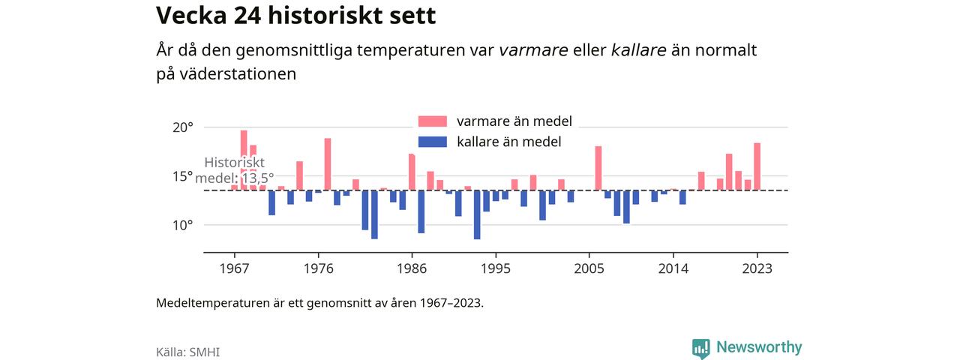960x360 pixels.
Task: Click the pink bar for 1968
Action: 244,160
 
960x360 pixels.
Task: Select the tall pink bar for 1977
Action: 328,164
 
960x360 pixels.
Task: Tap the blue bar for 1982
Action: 374,214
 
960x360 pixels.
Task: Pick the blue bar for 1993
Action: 477,214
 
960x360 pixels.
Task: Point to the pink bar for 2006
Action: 598,169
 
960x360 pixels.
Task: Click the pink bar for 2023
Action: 757,166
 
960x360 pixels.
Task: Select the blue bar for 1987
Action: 421,211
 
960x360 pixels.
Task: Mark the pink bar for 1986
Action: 412,172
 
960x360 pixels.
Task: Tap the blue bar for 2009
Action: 626,207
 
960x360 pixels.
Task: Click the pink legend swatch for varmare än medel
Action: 433,121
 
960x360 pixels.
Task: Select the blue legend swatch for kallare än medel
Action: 433,142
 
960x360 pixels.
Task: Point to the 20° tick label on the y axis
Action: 183,127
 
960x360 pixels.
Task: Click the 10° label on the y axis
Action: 183,225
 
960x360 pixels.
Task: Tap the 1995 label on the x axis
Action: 496,268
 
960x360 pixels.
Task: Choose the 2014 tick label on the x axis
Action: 673,268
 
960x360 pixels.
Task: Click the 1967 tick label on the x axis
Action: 234,268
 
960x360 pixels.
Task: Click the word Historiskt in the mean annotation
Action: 235,163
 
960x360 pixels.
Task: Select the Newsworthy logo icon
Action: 701,348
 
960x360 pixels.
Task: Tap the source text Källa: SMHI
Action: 187,352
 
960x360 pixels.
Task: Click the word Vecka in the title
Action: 191,16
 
